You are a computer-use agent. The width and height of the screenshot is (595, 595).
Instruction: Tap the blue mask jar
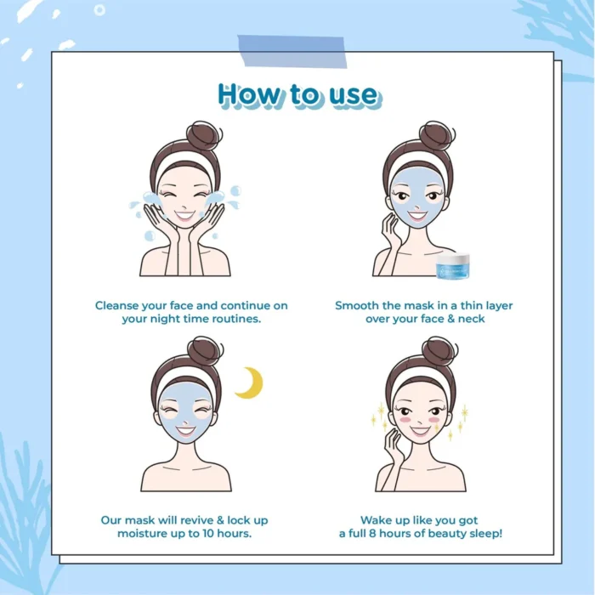(453, 266)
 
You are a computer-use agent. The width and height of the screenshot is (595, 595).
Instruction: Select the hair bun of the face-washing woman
(204, 135)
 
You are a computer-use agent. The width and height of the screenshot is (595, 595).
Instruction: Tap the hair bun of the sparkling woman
(439, 351)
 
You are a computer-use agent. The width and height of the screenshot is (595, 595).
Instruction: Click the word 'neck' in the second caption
(471, 319)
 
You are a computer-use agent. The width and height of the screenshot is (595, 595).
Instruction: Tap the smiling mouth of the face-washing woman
(184, 216)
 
